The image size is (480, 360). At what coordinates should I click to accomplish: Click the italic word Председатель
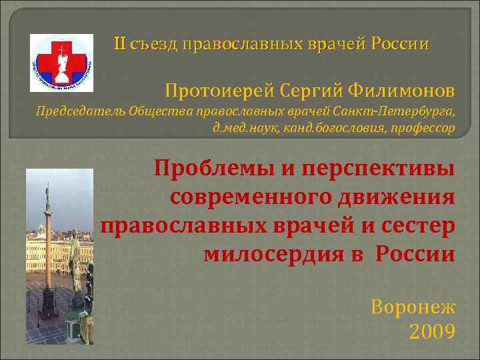(x=69, y=111)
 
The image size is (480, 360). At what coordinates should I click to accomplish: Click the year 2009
(x=431, y=331)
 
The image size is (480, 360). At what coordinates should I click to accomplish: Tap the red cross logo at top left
(x=62, y=62)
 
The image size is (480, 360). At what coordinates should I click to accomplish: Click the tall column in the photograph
(x=47, y=247)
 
